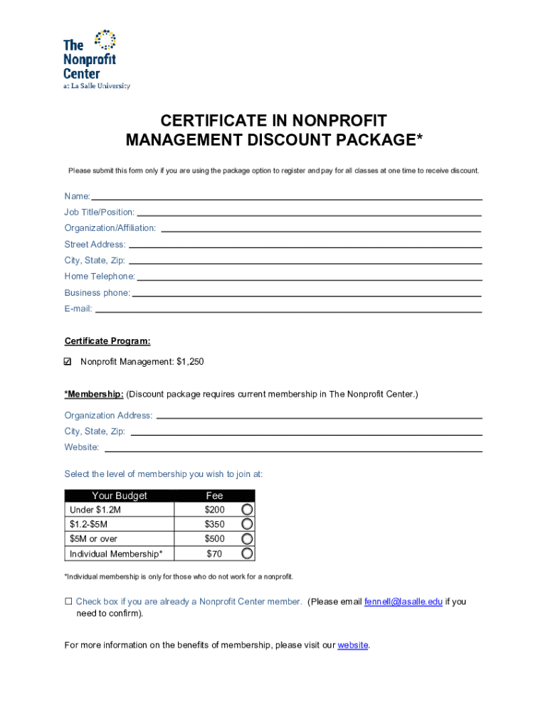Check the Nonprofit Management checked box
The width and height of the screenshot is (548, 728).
pos(68,362)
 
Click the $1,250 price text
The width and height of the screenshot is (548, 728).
pos(190,362)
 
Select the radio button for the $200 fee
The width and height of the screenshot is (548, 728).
pos(247,510)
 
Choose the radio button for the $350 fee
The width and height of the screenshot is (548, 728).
pos(247,525)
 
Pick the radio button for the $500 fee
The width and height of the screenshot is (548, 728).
pos(247,539)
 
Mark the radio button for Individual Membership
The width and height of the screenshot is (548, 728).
pos(247,554)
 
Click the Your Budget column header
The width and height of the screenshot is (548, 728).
pos(119,496)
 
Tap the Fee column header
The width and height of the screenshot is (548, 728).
pos(214,496)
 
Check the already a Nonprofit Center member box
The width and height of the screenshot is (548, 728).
pos(69,601)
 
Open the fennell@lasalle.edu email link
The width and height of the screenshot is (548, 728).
pos(404,601)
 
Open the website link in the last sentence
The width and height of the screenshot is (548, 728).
pos(353,646)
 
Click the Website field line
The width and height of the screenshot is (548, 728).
pos(293,449)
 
